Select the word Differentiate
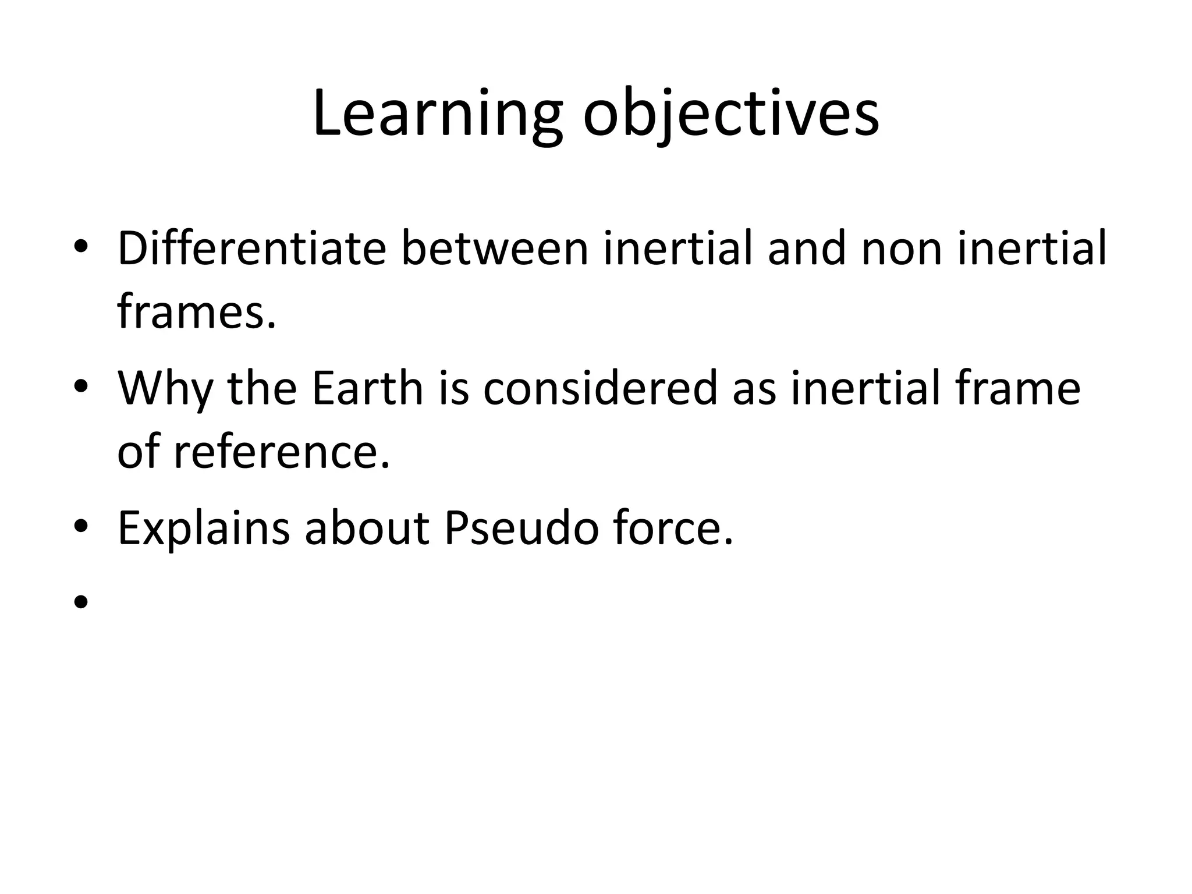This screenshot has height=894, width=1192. pyautogui.click(x=251, y=249)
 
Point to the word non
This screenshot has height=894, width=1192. pyautogui.click(x=901, y=249)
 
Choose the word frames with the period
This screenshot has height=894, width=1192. pyautogui.click(x=196, y=311)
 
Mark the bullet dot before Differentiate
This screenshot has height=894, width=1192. pyautogui.click(x=81, y=249)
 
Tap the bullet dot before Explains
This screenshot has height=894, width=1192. pyautogui.click(x=81, y=527)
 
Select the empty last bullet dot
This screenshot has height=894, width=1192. pyautogui.click(x=81, y=602)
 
